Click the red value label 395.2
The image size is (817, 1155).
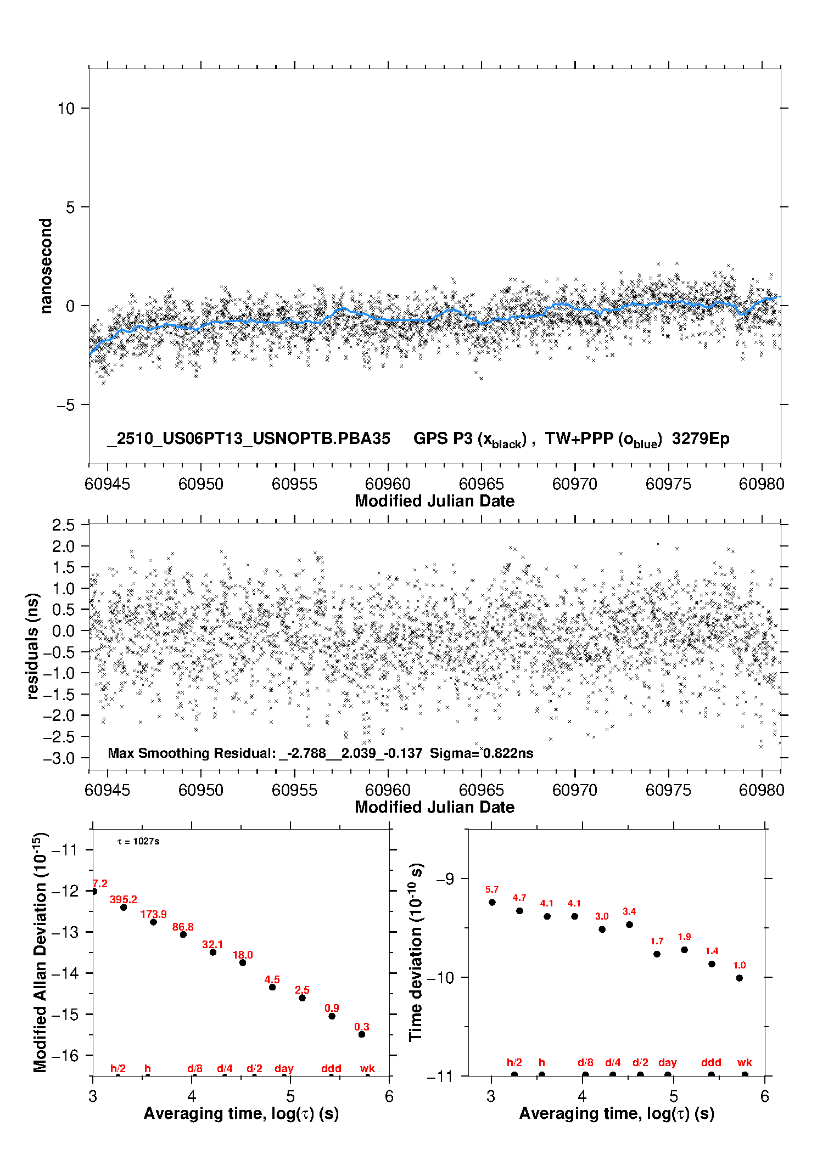[x=124, y=899]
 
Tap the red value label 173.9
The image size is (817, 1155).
[x=153, y=914]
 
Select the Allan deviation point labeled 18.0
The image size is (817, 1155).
[x=243, y=962]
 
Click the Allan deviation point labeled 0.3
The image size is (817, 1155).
[x=362, y=1034]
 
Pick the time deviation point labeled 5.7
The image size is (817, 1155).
[x=492, y=902]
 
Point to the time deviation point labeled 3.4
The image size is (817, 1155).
[x=629, y=925]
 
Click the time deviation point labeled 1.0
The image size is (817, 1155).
[x=740, y=978]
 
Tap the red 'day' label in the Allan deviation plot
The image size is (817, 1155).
[x=284, y=1068]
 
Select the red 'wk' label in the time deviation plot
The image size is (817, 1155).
[x=745, y=1062]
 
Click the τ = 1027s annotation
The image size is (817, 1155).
[x=138, y=842]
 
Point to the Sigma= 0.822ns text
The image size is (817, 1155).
[x=482, y=753]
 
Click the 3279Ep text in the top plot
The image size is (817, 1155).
[x=701, y=439]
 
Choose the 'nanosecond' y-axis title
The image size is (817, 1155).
[x=46, y=266]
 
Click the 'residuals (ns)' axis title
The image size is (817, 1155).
[x=33, y=646]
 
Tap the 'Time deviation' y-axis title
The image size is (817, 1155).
[x=416, y=953]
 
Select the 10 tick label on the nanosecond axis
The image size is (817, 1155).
[x=66, y=109]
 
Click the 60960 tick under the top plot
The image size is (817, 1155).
[x=388, y=484]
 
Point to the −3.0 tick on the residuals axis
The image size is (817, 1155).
[x=63, y=758]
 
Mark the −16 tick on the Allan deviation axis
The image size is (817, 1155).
[x=65, y=1055]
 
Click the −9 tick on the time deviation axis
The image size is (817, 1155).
[x=445, y=879]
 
